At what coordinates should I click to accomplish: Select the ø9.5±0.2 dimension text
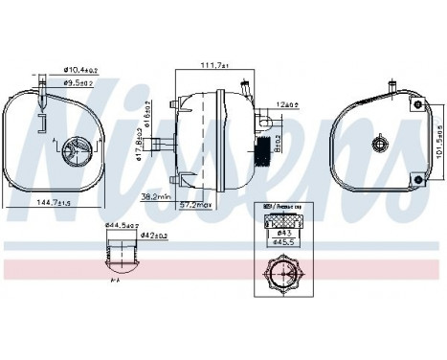78,81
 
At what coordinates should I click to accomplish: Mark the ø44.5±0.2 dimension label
123,224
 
